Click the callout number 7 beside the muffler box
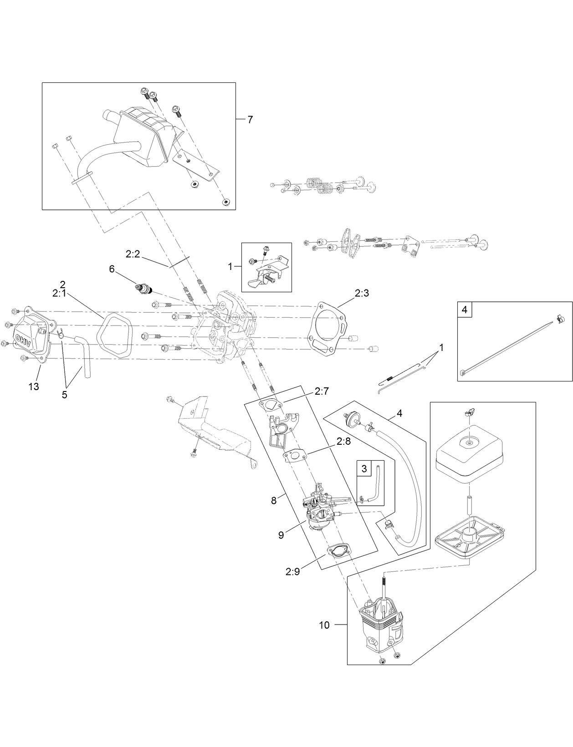pyautogui.click(x=250, y=120)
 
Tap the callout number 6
pyautogui.click(x=112, y=269)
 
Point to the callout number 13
pyautogui.click(x=34, y=387)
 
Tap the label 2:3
pyautogui.click(x=361, y=293)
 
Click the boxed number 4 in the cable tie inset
pyautogui.click(x=465, y=310)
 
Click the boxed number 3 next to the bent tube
pyautogui.click(x=363, y=468)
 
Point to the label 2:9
pyautogui.click(x=292, y=572)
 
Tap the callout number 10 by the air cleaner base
pyautogui.click(x=324, y=625)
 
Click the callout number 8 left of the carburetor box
pyautogui.click(x=274, y=500)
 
